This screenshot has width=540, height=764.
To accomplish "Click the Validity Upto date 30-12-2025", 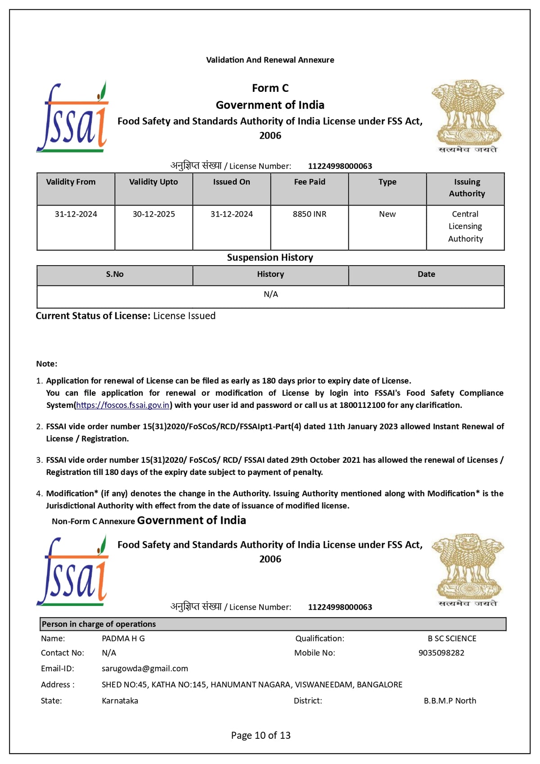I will [x=153, y=214].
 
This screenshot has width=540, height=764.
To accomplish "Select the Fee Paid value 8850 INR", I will [x=310, y=214].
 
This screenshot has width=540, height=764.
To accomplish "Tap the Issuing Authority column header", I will [x=467, y=188].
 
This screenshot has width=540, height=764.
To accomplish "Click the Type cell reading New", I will [x=387, y=214].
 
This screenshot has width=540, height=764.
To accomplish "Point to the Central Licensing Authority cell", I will [x=465, y=226].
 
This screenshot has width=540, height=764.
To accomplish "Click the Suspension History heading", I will [x=270, y=258].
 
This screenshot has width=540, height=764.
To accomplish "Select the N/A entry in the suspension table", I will [x=270, y=294].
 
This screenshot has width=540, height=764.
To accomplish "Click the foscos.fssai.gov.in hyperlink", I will [x=123, y=405].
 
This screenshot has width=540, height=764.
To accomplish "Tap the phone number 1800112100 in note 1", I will [x=362, y=405].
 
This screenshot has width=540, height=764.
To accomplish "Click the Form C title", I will [x=270, y=88].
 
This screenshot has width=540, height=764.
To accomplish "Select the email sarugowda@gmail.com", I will [x=145, y=669].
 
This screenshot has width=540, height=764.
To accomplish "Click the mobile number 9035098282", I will [x=441, y=653].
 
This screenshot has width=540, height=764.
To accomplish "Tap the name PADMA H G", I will [x=123, y=638].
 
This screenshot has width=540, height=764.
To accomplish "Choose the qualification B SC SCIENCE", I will [x=452, y=638].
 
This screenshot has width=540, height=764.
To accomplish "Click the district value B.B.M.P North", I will [x=450, y=701].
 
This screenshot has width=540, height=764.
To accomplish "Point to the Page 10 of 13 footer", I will [x=261, y=735].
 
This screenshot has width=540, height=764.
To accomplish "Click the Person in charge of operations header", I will [x=99, y=624].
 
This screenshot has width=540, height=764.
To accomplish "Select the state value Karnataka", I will [x=120, y=701].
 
